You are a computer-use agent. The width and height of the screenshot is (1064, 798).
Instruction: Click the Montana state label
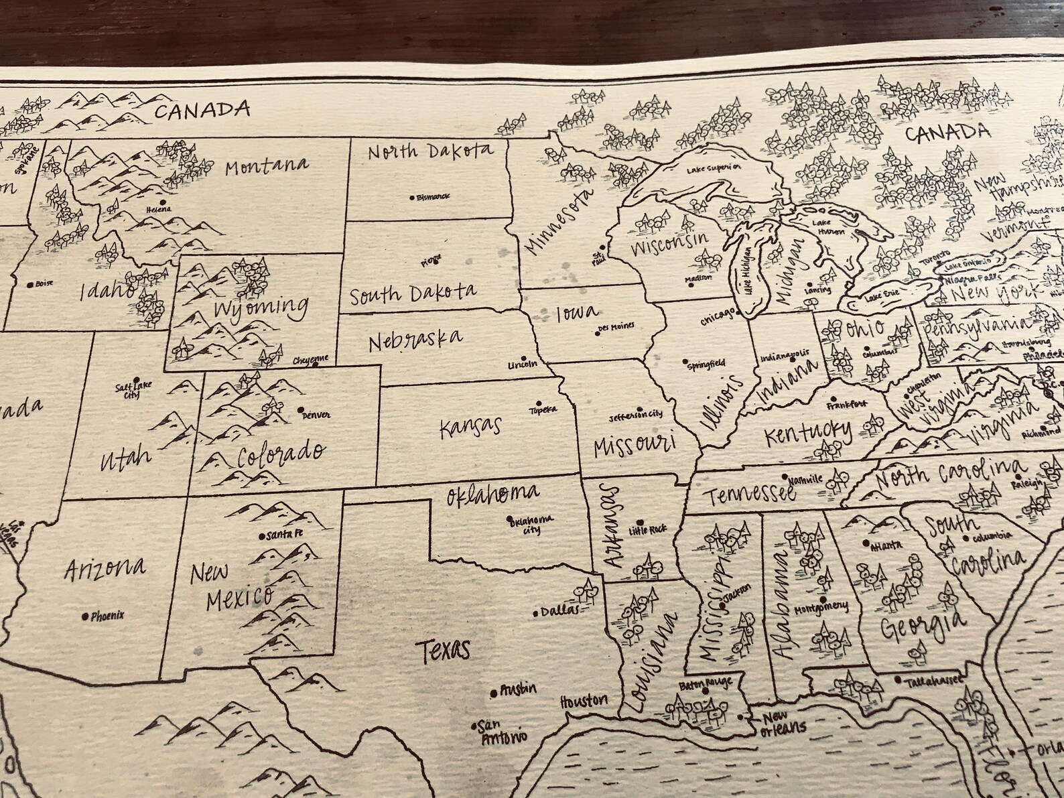coord(266,166)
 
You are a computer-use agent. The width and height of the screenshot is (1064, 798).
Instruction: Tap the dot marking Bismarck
coord(411,198)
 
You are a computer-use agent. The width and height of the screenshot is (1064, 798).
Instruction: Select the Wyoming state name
coord(261,309)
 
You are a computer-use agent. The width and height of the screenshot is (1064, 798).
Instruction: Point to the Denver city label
coord(316,415)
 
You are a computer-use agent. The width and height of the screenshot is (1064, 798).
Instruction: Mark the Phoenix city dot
coord(84,616)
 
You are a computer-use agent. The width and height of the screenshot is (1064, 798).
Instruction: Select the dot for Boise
coord(29,284)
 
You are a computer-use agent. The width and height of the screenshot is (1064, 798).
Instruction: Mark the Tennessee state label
coord(749,494)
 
